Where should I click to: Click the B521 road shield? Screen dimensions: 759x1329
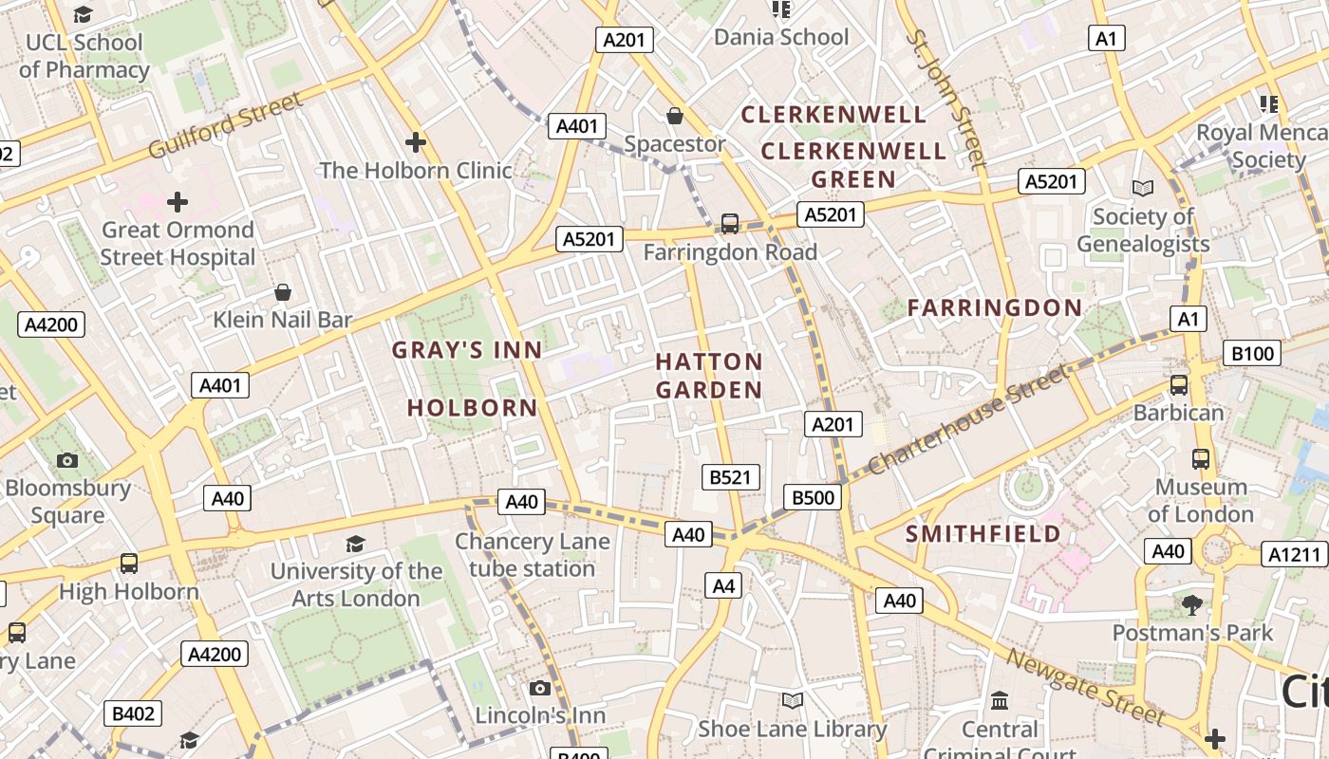(730, 477)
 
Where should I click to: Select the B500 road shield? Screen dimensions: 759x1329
(813, 497)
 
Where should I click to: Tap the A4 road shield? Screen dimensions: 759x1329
(723, 586)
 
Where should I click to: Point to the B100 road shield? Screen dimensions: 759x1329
(1252, 354)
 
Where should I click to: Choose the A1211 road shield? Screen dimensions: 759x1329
(1294, 554)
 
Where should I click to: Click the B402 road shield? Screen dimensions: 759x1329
(133, 713)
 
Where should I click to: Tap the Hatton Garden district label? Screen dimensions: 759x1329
(709, 376)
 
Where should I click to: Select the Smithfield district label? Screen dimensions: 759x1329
(983, 533)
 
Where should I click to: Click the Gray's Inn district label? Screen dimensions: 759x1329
(467, 350)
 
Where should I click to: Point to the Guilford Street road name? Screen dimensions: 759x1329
(226, 124)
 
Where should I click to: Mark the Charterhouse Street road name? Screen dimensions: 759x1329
(968, 420)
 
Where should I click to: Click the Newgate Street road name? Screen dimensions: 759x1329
(1085, 686)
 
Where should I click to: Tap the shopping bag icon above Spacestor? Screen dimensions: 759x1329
(674, 116)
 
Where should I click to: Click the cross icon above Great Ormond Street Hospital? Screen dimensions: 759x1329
(178, 202)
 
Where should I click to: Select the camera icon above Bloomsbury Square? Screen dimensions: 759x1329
(67, 460)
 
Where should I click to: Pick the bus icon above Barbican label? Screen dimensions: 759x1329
(1178, 384)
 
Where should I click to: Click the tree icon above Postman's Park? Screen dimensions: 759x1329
(1192, 604)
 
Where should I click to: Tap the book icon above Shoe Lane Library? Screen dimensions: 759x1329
(792, 700)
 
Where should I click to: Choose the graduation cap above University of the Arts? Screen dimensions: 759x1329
(355, 544)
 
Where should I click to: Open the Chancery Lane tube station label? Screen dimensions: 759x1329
(532, 555)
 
